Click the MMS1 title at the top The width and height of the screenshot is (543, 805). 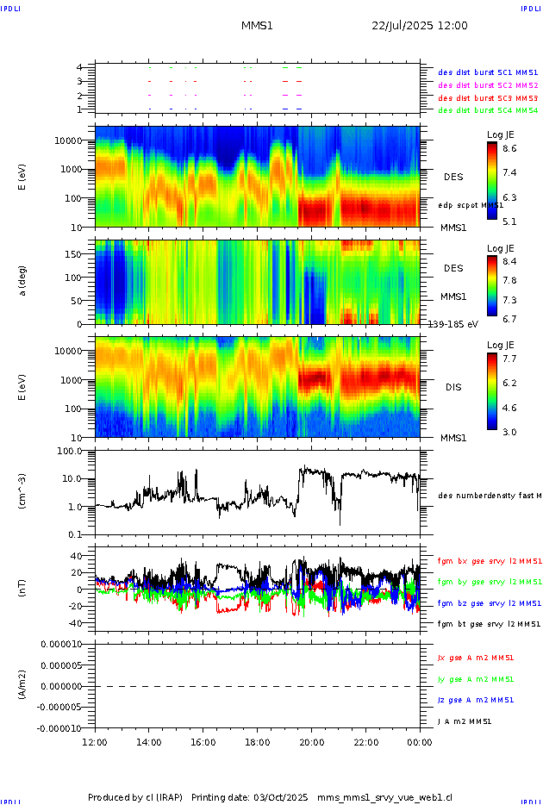click(x=257, y=26)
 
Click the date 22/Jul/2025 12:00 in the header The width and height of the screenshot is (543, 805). click(x=420, y=26)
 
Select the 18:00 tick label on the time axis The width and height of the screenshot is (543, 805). click(x=257, y=742)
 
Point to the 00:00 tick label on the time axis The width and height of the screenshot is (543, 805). click(x=420, y=742)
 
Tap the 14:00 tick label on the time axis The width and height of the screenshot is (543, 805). click(x=149, y=742)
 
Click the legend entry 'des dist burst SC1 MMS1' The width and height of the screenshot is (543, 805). click(x=488, y=72)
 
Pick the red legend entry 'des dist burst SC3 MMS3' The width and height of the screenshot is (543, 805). click(x=488, y=98)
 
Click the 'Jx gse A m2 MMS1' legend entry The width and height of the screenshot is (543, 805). click(x=477, y=658)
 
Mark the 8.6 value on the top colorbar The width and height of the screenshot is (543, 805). click(x=509, y=149)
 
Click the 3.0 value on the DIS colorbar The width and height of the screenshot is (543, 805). click(x=509, y=432)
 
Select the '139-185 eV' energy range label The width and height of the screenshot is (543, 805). click(x=452, y=324)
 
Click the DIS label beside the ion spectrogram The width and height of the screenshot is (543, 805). click(x=453, y=387)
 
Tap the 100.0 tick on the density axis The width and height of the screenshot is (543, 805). click(x=69, y=451)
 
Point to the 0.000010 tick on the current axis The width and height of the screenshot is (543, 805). click(x=59, y=644)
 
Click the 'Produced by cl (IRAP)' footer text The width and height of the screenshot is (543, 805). click(x=135, y=797)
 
